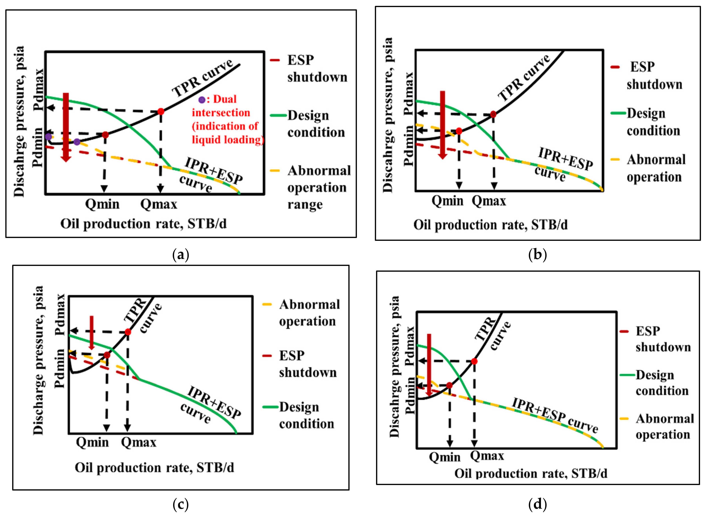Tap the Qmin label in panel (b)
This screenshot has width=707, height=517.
click(447, 201)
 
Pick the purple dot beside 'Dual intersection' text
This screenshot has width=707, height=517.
click(202, 100)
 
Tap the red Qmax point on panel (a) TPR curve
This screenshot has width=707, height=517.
click(161, 111)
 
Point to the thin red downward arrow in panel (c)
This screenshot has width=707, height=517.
click(92, 332)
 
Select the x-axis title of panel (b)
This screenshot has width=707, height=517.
click(490, 225)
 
